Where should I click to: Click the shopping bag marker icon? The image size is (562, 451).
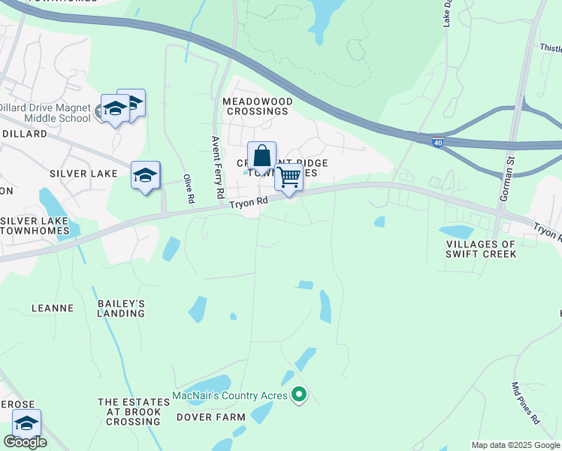pyautogui.click(x=261, y=156)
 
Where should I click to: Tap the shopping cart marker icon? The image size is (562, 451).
pyautogui.click(x=289, y=177)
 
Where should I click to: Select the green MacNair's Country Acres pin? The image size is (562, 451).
pyautogui.click(x=299, y=394)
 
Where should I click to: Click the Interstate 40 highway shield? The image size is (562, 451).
pyautogui.click(x=437, y=141)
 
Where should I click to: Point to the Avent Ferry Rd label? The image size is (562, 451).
pyautogui.click(x=217, y=167)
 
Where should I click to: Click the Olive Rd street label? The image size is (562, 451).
pyautogui.click(x=189, y=189)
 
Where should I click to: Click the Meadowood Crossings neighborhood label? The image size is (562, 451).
pyautogui.click(x=256, y=106)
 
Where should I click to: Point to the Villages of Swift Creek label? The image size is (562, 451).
pyautogui.click(x=481, y=250)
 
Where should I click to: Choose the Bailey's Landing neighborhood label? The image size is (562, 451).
pyautogui.click(x=121, y=308)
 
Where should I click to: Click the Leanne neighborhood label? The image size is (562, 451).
pyautogui.click(x=53, y=308)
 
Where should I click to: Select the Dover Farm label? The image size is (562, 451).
pyautogui.click(x=210, y=417)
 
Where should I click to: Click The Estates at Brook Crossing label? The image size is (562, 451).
pyautogui.click(x=128, y=412)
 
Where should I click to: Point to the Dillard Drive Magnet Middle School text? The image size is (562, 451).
pyautogui.click(x=47, y=113)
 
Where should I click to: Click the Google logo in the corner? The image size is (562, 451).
pyautogui.click(x=25, y=442)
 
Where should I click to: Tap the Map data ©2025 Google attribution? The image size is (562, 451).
pyautogui.click(x=515, y=445)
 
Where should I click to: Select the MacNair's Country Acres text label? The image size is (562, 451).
pyautogui.click(x=231, y=395)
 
